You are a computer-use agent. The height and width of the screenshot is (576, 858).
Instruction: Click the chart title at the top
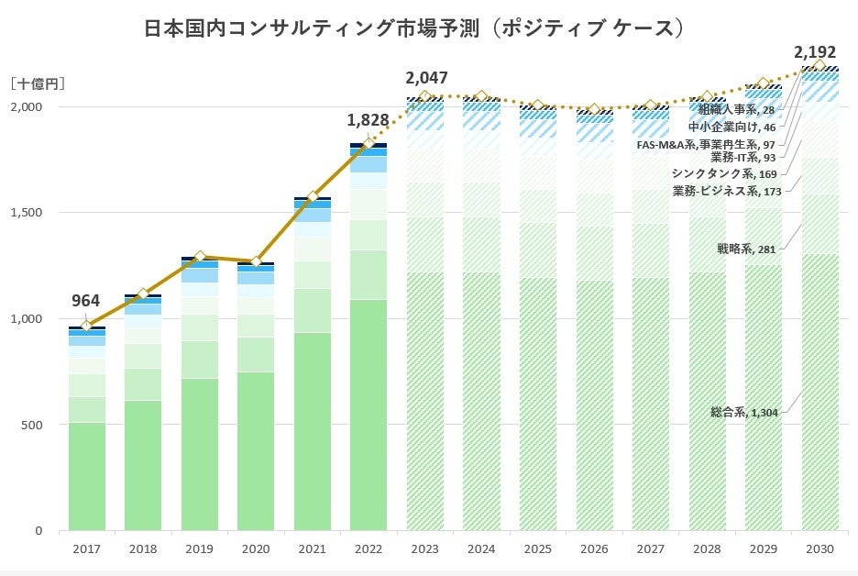pyautogui.click(x=414, y=28)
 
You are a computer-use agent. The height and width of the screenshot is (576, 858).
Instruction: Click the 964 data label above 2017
pyautogui.click(x=85, y=300)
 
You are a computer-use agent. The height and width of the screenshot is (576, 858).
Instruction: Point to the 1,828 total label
pyautogui.click(x=367, y=120)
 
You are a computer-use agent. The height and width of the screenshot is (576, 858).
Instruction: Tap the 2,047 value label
pyautogui.click(x=426, y=77)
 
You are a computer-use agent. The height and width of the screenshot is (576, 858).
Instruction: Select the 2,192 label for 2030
pyautogui.click(x=815, y=51)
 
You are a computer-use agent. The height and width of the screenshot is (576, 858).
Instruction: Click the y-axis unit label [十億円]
pyautogui.click(x=37, y=83)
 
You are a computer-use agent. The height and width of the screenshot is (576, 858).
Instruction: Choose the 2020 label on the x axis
pyautogui.click(x=256, y=548)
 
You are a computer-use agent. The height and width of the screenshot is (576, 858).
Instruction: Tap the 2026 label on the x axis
pyautogui.click(x=595, y=548)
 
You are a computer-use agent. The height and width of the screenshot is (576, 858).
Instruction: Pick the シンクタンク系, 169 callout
pyautogui.click(x=723, y=173)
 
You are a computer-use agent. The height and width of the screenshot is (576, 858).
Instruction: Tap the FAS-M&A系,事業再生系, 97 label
pyautogui.click(x=706, y=144)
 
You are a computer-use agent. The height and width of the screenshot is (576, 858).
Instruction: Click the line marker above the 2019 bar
pyautogui.click(x=200, y=257)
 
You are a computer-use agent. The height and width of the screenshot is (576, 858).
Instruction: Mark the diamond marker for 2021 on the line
pyautogui.click(x=313, y=196)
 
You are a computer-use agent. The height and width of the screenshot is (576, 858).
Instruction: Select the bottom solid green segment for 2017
pyautogui.click(x=86, y=477)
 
